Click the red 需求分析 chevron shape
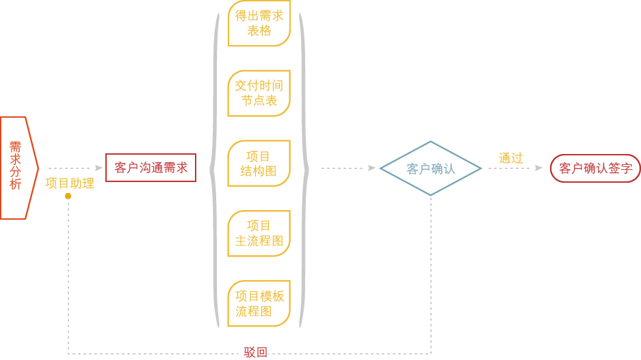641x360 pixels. click(x=17, y=168)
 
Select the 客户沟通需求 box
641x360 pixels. click(x=151, y=168)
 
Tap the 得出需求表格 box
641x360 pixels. click(x=259, y=24)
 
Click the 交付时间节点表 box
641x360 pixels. click(x=259, y=93)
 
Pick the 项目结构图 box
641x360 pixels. click(x=259, y=164)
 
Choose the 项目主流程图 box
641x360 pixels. click(x=259, y=233)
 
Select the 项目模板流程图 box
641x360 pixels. click(x=259, y=304)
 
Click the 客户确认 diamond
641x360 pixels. click(x=430, y=168)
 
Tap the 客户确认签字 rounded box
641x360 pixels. click(x=595, y=168)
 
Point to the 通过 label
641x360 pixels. click(x=510, y=158)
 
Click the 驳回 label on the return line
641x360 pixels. click(x=255, y=353)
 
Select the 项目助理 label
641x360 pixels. click(x=70, y=183)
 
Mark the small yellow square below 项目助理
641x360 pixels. click(x=68, y=196)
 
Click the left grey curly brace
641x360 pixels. click(x=215, y=168)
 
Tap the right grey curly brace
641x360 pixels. click(x=304, y=168)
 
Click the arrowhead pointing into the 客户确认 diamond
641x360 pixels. click(x=372, y=168)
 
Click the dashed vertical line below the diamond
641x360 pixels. click(x=431, y=274)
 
